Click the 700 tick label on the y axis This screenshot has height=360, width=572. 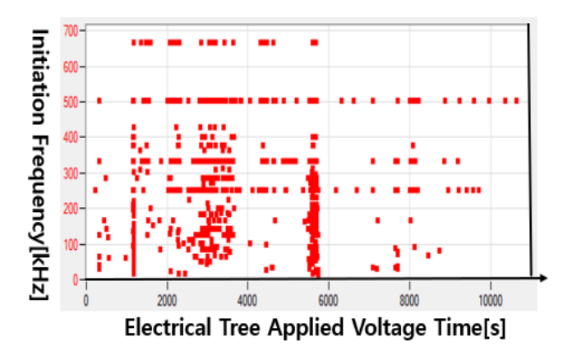71,30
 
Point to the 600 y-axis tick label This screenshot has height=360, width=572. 71,67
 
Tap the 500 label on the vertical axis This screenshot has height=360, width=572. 71,102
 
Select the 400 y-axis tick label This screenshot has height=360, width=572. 71,137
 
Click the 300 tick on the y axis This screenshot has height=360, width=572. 71,173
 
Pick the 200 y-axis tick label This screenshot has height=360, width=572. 71,209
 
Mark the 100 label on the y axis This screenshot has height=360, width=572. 71,244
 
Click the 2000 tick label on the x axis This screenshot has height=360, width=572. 167,301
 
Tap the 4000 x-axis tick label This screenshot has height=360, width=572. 247,301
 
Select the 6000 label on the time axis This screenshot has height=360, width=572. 328,301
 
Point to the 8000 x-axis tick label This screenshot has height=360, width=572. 409,301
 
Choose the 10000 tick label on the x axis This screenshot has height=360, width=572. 491,301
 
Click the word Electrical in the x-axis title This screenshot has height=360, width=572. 168,327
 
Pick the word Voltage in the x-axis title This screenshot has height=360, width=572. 389,327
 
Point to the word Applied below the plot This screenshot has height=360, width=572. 306,327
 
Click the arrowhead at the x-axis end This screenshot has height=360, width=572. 543,279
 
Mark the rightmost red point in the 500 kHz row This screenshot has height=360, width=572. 517,100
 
